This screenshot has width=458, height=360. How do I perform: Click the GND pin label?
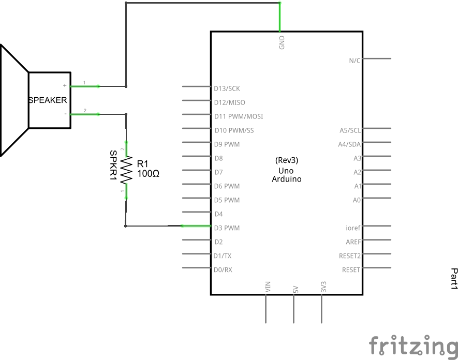coord(282,42)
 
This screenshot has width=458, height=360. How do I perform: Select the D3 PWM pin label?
coord(227,228)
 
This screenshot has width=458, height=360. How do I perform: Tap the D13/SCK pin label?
coord(227,88)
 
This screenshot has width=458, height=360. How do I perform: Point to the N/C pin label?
coord(354,61)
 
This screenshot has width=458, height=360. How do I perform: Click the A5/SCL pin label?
coord(350,130)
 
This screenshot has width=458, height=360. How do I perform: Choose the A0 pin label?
coord(357,200)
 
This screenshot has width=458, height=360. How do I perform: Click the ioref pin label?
coord(353,228)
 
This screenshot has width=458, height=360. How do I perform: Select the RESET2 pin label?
coord(350,256)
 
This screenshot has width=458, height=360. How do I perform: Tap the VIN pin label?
coord(268,288)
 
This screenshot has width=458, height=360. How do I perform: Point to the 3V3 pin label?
coord(323,288)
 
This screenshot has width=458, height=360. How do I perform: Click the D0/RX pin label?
coord(223,269)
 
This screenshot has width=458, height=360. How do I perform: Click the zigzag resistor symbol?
coord(126,170)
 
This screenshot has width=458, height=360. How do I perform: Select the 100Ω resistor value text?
coord(148,174)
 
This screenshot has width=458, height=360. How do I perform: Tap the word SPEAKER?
coord(48,100)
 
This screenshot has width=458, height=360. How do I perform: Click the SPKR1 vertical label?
coord(113,166)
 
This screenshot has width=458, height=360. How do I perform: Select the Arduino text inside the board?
coord(287,179)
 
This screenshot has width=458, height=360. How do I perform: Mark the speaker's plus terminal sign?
coord(65,85)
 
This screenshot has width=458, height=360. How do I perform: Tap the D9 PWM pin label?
coord(227,144)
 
